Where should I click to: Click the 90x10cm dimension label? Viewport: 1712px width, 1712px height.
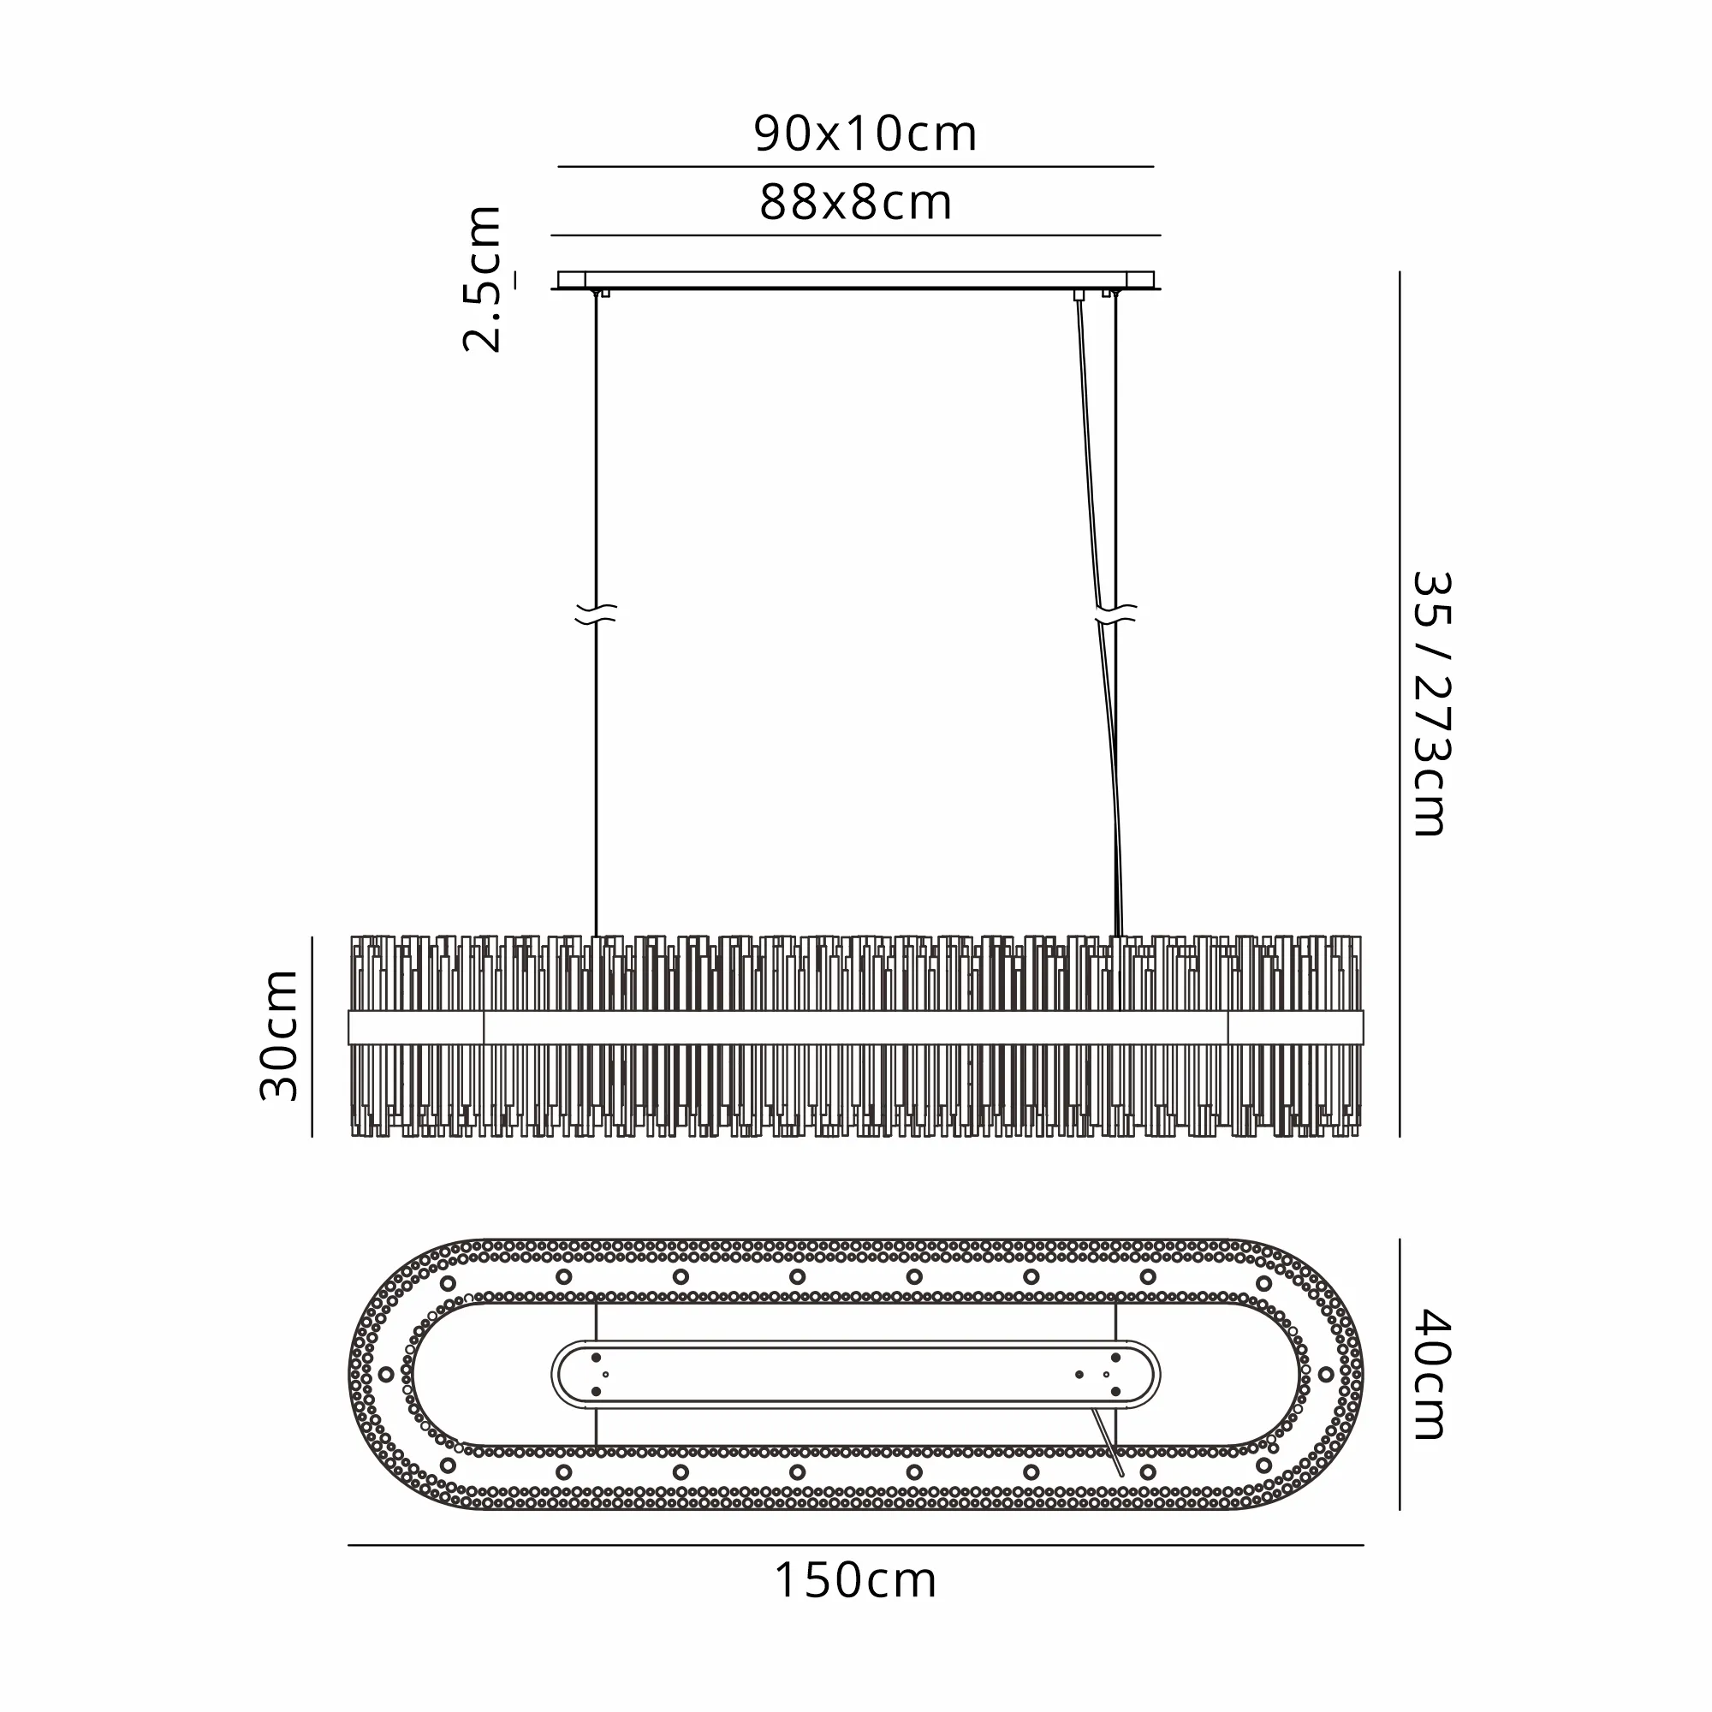865,134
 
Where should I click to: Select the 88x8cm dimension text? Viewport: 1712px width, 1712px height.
855,203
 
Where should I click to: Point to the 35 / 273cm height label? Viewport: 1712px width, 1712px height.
1430,704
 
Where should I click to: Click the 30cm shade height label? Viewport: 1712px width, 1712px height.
279,1036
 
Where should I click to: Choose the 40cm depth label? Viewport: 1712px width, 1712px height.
1430,1375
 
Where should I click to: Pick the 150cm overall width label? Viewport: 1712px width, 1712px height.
855,1580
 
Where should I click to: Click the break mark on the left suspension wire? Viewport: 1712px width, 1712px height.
596,613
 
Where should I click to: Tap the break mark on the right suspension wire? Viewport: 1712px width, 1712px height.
1115,613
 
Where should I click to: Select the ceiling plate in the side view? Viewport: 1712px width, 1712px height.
856,280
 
